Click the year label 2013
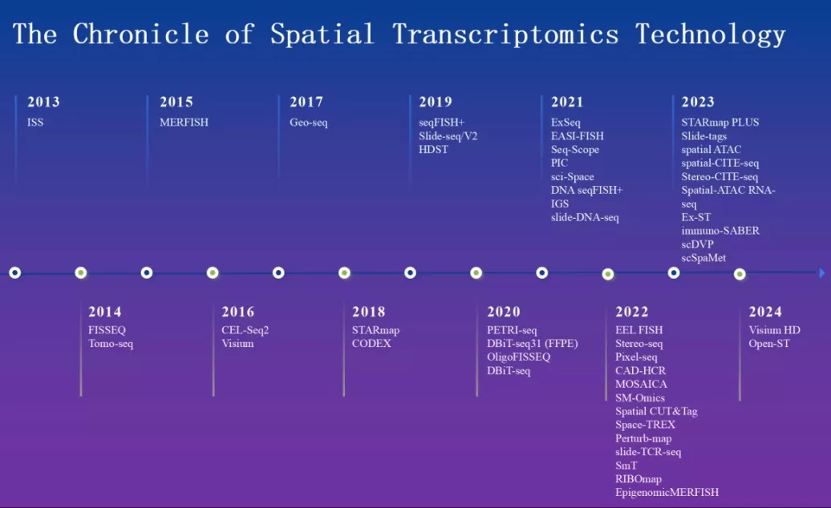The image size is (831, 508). [x=43, y=102]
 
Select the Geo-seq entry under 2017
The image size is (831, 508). [x=309, y=123]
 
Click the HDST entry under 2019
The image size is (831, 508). [x=433, y=150]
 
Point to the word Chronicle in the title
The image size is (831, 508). [x=140, y=34]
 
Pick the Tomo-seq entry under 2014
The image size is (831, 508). [x=111, y=344]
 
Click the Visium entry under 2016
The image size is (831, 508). [x=237, y=344]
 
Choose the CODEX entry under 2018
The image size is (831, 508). [x=371, y=344]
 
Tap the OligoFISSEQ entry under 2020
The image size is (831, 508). [x=518, y=357]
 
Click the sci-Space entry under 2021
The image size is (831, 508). [x=572, y=177]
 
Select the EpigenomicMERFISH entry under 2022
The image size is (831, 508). [x=667, y=493]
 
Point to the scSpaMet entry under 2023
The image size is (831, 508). [x=703, y=258]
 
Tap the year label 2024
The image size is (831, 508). [x=765, y=312]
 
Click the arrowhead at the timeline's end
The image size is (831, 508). [x=821, y=273]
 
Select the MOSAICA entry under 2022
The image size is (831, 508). [x=641, y=385]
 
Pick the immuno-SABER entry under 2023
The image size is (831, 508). [x=720, y=231]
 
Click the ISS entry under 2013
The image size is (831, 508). [x=35, y=123]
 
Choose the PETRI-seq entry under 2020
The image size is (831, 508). [x=512, y=330]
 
